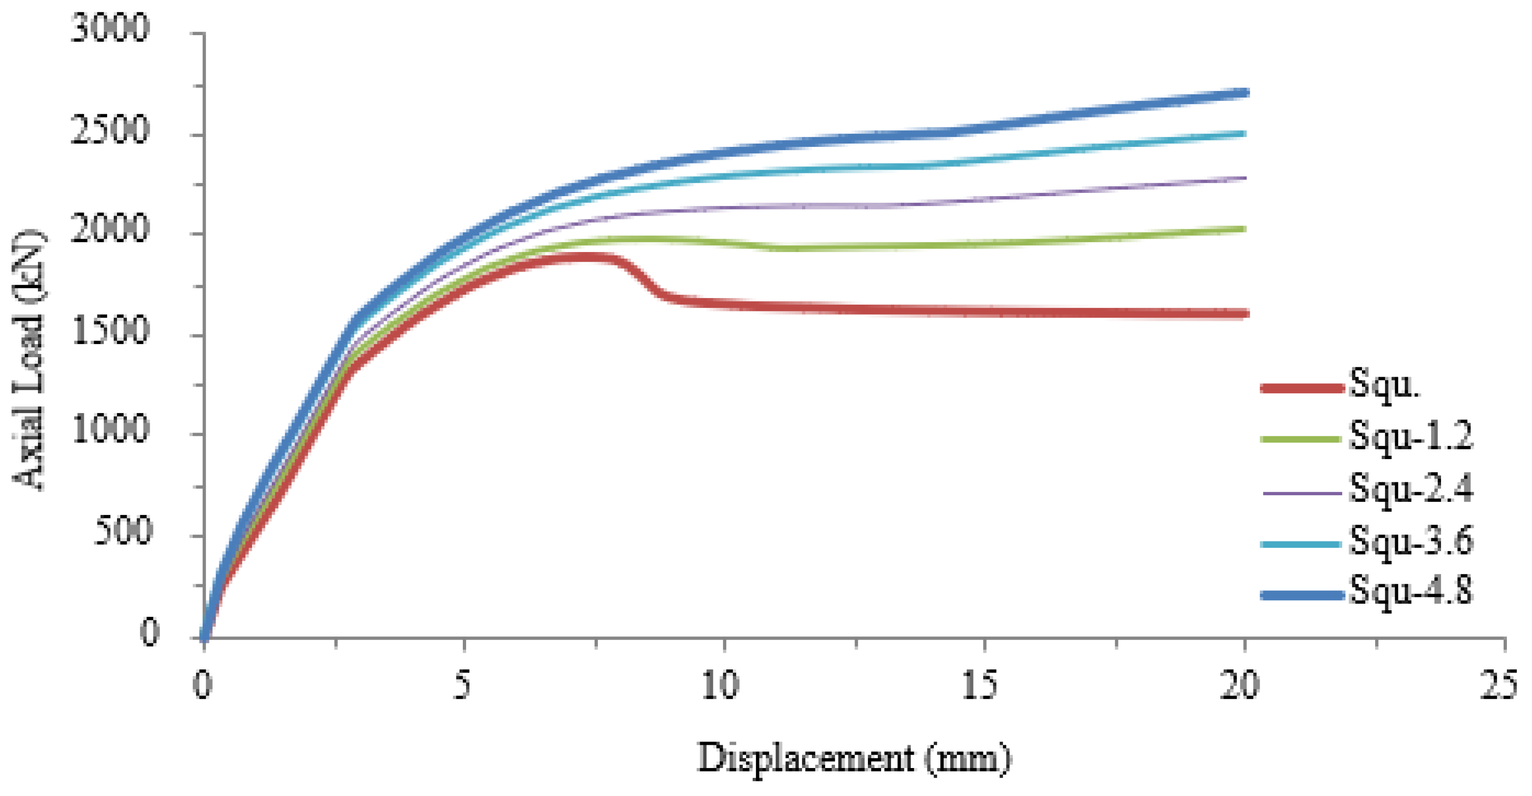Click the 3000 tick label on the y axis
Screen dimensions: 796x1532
pos(109,28)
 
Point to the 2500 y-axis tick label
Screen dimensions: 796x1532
pos(109,130)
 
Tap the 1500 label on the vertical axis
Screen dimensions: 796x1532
pos(109,331)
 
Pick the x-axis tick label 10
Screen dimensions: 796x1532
pos(720,685)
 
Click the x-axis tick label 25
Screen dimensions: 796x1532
pos(1499,685)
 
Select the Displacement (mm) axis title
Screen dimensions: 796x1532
pos(854,759)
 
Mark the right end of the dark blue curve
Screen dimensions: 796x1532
pos(1245,93)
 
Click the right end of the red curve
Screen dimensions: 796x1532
pos(1245,314)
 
